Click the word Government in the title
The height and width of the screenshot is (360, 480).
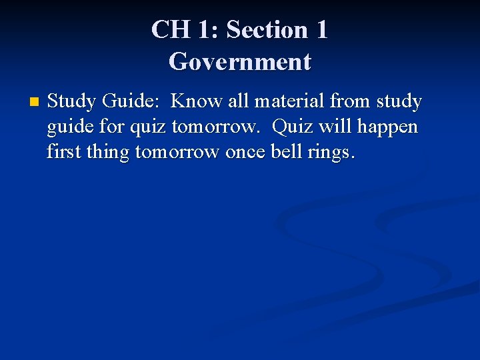[240, 62]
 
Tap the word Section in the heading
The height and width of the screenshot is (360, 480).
[267, 30]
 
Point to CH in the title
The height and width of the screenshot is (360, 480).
[165, 30]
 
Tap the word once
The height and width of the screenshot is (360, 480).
[245, 153]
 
